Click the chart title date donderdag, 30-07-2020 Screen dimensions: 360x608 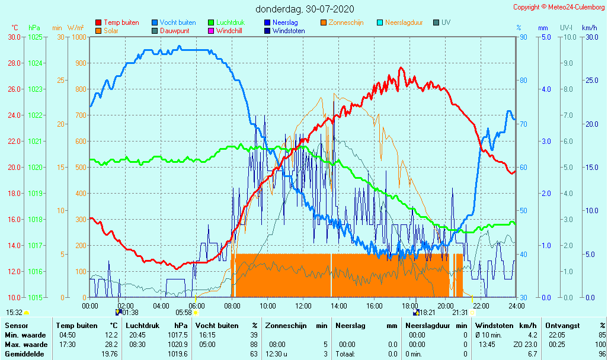click(305, 9)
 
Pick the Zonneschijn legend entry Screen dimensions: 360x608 click(346, 22)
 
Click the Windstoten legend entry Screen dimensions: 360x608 click(290, 31)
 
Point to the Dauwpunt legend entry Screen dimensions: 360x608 click(175, 31)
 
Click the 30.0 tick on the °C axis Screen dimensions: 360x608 click(14, 37)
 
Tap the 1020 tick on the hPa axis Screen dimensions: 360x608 click(35, 167)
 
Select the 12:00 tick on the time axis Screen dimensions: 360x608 click(303, 306)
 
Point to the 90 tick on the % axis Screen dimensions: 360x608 click(523, 37)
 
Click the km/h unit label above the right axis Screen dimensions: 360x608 click(589, 28)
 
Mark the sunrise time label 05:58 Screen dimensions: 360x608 click(184, 313)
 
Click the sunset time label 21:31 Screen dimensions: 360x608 click(460, 313)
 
